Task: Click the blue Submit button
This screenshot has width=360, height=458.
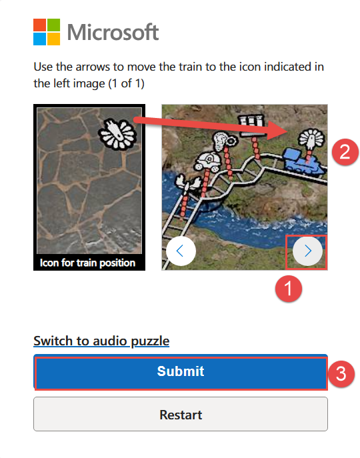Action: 181,371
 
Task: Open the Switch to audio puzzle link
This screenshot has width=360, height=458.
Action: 101,341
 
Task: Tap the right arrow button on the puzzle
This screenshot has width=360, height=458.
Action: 307,251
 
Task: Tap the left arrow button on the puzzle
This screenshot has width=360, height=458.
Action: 181,251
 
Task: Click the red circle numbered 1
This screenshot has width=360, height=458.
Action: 289,289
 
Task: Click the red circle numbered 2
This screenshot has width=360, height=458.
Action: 345,152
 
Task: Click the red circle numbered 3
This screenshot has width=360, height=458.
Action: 341,374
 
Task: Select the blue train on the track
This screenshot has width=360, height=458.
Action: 304,161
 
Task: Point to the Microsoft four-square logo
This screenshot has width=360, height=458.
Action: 47,32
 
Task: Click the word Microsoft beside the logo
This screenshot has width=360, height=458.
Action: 113,32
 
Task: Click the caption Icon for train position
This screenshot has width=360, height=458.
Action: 87,263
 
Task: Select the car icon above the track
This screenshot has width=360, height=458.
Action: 207,161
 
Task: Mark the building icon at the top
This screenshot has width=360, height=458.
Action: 251,125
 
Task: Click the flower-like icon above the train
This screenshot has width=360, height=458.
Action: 311,139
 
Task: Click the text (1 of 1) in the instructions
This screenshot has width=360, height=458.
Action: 126,84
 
